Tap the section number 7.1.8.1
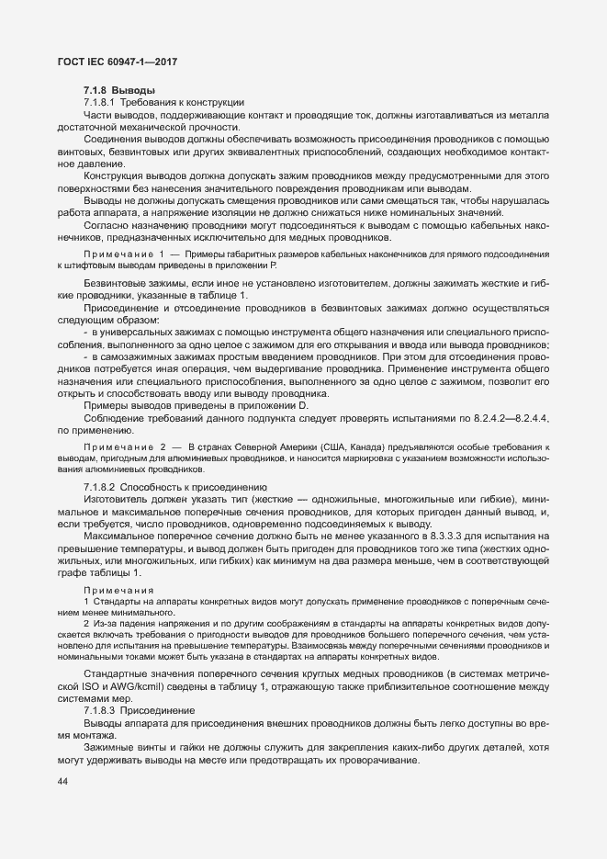98,103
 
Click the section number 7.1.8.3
98,711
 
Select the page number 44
63,781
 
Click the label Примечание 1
124,254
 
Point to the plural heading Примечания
118,589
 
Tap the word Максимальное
118,535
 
